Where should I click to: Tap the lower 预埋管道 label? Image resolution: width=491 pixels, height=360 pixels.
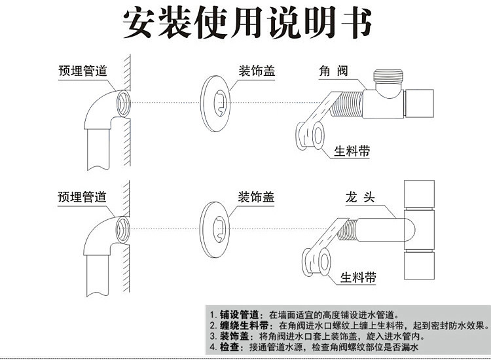[82, 196]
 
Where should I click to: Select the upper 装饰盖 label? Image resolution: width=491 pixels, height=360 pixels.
[255, 71]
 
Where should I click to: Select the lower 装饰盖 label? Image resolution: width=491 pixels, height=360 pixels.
[255, 196]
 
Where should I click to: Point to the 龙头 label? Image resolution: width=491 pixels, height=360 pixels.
[360, 196]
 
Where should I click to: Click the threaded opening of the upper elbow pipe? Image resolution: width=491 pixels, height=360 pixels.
[122, 102]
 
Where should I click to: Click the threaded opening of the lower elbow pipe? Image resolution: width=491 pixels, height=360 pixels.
[122, 227]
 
